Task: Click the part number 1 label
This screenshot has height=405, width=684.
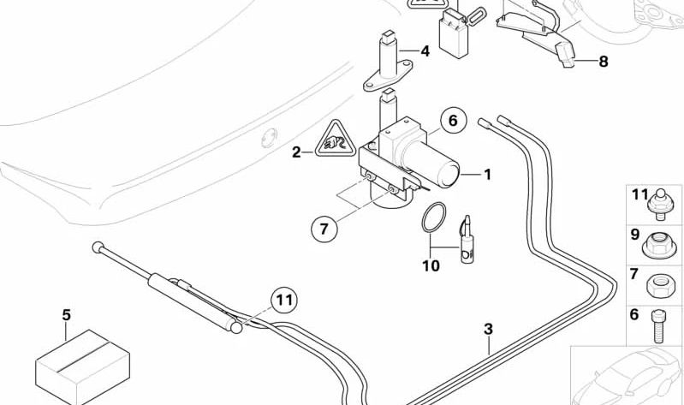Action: tap(487, 175)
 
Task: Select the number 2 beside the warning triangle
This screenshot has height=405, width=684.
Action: tap(296, 152)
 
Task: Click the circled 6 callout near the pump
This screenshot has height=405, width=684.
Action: tap(453, 121)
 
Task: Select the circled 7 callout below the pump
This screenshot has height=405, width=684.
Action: tap(324, 229)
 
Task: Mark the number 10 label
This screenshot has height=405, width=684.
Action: tap(431, 266)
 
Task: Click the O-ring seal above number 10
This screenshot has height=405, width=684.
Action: tap(433, 217)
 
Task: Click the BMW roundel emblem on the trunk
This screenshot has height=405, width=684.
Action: tap(269, 134)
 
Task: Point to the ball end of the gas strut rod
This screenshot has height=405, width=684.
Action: tap(97, 247)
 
